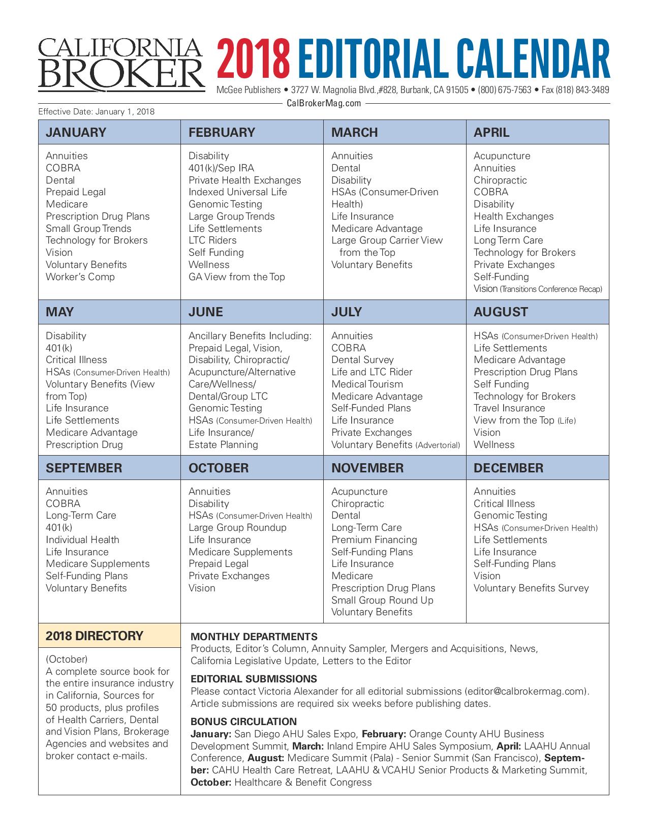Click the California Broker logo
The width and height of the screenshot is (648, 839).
coord(121,64)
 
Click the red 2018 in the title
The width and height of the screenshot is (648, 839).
coord(253,62)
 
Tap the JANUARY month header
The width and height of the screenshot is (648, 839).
coord(76,132)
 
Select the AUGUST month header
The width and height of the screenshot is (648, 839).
coord(501,312)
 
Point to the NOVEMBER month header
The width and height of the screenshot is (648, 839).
coord(367,468)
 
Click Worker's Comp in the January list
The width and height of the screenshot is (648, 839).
coord(80,277)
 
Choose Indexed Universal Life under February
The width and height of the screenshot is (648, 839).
coord(237,192)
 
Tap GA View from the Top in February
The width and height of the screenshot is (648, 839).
coord(236,277)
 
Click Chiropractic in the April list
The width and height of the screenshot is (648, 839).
coord(500,180)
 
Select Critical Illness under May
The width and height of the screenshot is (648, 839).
coord(76,359)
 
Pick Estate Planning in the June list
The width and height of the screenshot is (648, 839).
coord(223,444)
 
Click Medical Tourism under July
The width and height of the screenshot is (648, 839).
coord(367,384)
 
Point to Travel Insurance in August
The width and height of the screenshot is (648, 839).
coord(509,408)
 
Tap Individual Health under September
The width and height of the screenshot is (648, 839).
coord(82,540)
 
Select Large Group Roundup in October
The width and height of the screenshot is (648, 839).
coord(237,527)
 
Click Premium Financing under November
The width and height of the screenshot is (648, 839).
coord(374,540)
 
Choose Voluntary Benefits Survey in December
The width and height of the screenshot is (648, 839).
coord(531,588)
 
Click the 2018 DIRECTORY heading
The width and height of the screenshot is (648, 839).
coord(95,636)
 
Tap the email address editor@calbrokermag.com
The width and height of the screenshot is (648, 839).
coord(526,691)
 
